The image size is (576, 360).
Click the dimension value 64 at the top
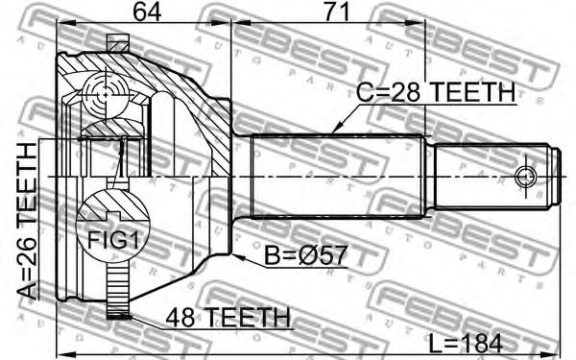(147, 12)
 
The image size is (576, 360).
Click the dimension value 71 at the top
(335, 12)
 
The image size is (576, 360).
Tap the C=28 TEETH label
(436, 92)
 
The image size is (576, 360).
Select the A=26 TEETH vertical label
(27, 221)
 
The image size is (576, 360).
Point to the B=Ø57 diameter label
(305, 255)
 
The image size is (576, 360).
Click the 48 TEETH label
(228, 317)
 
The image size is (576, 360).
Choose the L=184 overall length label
(466, 345)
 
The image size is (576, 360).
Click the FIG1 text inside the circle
(112, 241)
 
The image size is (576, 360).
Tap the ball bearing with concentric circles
(106, 94)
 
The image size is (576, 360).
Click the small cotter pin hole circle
(526, 177)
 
